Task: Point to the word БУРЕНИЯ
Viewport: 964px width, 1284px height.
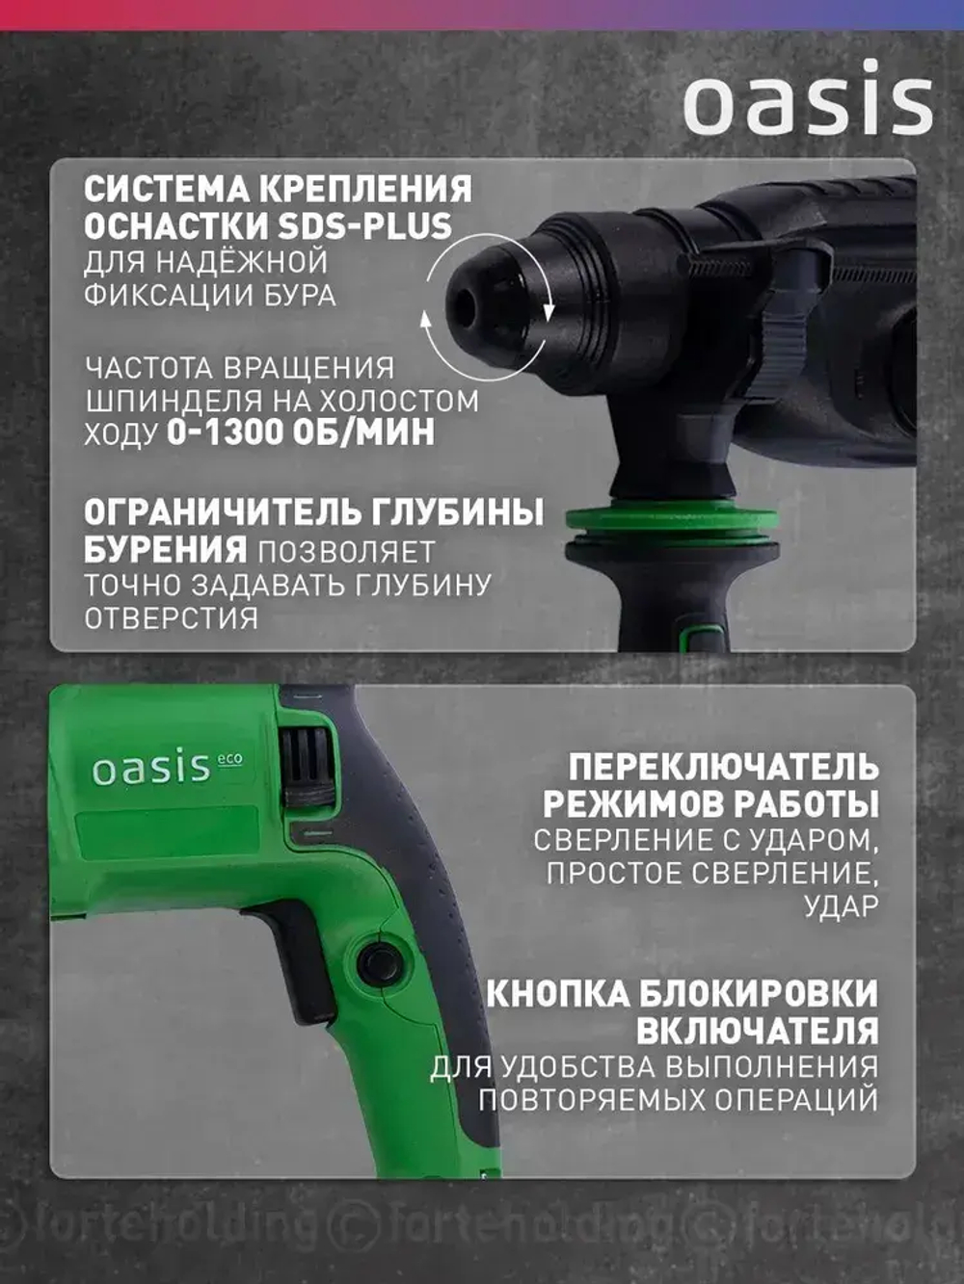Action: click(x=165, y=549)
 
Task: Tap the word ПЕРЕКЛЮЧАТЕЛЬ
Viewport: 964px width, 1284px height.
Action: click(x=723, y=768)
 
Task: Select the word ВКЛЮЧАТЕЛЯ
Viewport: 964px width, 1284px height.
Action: click(x=757, y=1030)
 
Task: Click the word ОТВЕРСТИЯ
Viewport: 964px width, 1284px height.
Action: click(x=172, y=618)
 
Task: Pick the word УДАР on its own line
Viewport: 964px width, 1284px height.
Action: click(x=841, y=907)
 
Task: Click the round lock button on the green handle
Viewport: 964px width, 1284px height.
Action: click(x=378, y=961)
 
